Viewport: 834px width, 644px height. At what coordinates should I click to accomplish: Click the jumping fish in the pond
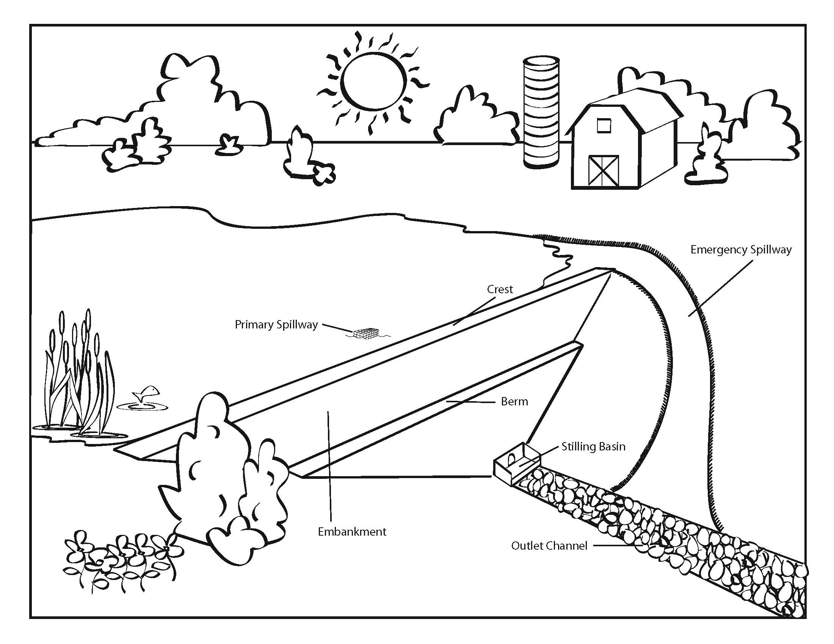point(146,394)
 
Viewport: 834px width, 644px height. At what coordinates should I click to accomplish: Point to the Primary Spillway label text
point(276,325)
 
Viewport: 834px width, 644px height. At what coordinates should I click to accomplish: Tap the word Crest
point(500,289)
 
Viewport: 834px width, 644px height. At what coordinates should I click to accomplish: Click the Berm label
point(514,401)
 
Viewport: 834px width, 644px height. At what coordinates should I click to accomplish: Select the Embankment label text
point(352,531)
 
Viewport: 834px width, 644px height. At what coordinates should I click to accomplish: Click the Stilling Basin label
point(593,446)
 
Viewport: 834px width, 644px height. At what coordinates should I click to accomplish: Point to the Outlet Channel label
point(549,546)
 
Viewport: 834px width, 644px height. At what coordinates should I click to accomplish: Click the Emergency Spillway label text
point(740,250)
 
